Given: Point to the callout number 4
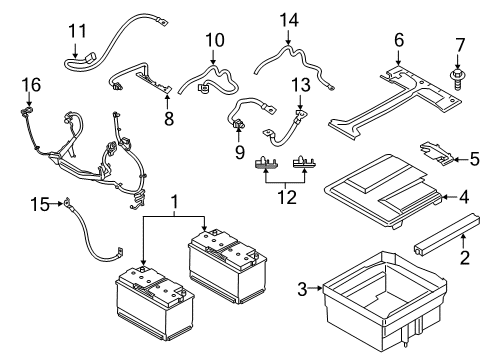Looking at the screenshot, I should (463, 198).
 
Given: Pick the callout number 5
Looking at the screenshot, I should (474, 157).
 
